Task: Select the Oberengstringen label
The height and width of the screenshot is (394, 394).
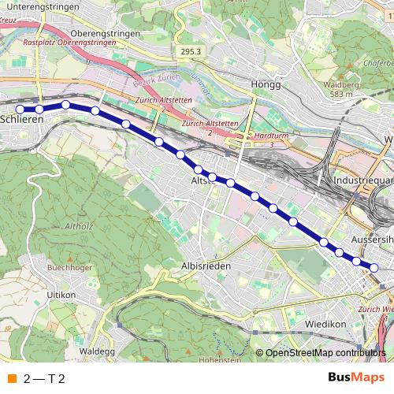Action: [105, 34]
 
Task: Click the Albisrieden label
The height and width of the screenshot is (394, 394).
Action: [207, 266]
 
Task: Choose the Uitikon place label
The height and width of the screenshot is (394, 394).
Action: [61, 294]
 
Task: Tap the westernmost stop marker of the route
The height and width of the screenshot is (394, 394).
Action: [20, 109]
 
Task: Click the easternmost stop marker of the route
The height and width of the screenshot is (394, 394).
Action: [374, 268]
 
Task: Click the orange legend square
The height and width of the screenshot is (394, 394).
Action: [11, 378]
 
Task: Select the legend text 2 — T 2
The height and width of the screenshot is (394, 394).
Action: [44, 378]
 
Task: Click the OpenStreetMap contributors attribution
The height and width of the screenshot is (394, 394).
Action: [325, 352]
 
